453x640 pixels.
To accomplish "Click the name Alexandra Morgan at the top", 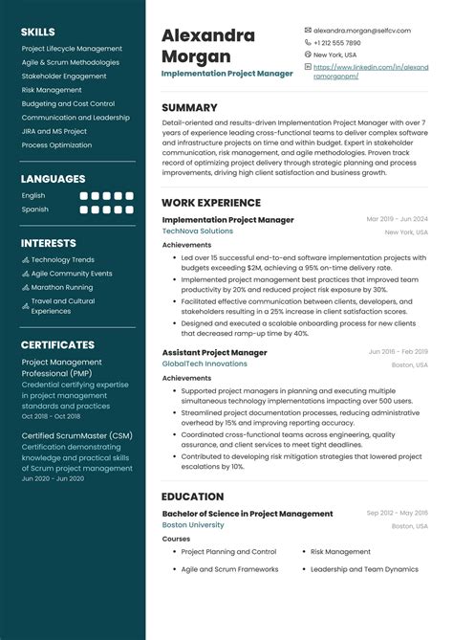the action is pos(208,46).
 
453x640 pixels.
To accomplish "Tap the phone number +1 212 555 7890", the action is pos(337,43).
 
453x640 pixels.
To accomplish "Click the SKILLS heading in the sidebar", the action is pos(38,32).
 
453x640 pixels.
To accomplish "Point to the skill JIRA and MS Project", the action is pos(54,131).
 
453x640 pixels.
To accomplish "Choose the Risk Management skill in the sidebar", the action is pos(52,90).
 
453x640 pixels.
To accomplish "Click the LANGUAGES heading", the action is pos(53,178).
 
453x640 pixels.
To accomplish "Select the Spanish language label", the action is pos(34,209).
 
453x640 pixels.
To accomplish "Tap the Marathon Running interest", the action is pos(62,287).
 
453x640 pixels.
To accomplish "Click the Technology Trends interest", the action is pos(63,259).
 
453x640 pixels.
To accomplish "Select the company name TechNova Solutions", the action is pos(197,232).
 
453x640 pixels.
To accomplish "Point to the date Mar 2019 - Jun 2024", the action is pos(398,219).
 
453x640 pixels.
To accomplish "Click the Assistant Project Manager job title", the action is pos(214,352).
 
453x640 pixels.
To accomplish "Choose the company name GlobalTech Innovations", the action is pos(205,364).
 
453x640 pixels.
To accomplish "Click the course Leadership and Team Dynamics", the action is pos(364,569).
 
